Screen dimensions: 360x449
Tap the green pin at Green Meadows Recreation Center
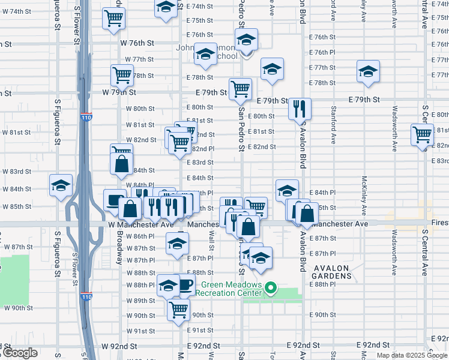(270, 289)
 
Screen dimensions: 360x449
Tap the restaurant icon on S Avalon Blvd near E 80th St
(299, 109)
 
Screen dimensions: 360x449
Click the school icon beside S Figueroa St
(61, 186)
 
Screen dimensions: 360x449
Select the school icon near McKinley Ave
(367, 72)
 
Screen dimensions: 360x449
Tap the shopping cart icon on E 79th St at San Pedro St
(240, 89)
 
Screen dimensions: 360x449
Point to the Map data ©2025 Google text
(412, 355)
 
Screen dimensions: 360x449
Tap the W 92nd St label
(119, 346)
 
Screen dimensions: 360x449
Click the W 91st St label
(140, 331)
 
